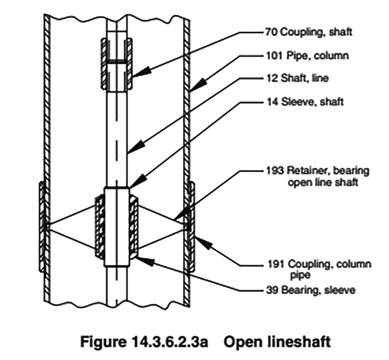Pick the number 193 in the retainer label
click(x=274, y=170)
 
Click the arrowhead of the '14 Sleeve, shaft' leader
click(x=130, y=185)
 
